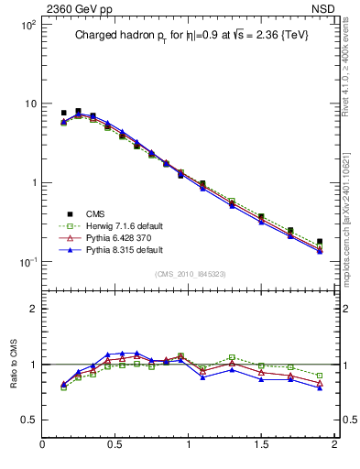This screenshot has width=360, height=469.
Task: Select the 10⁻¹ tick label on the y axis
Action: click(27, 262)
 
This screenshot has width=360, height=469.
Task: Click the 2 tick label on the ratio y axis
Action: click(32, 309)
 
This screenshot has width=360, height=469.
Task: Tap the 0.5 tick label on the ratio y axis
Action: click(27, 420)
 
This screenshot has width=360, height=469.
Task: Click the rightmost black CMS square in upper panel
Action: click(320, 242)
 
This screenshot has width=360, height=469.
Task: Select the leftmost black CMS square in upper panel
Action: click(63, 113)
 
